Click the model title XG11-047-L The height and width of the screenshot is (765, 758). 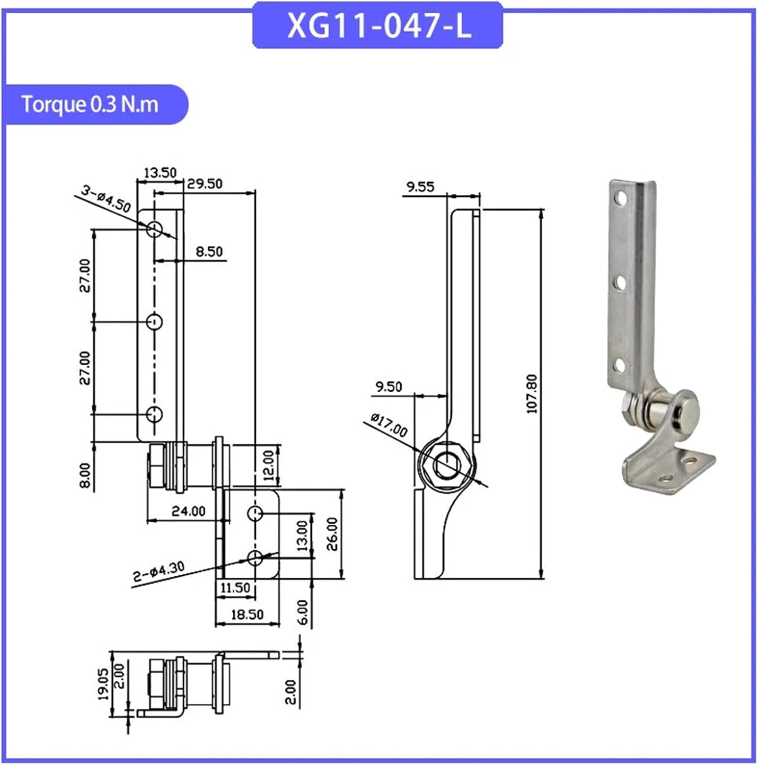pyautogui.click(x=378, y=25)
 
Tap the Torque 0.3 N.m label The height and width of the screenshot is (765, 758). pyautogui.click(x=90, y=105)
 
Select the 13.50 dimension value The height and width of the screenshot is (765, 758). pyautogui.click(x=160, y=173)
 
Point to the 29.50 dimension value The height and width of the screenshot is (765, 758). pyautogui.click(x=204, y=184)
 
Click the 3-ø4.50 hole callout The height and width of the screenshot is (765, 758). pyautogui.click(x=106, y=199)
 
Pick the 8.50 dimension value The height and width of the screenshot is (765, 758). pyautogui.click(x=209, y=251)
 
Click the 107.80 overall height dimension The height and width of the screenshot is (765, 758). pyautogui.click(x=531, y=394)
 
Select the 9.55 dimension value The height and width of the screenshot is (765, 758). pyautogui.click(x=420, y=187)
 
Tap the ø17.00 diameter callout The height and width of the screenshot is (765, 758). pyautogui.click(x=389, y=425)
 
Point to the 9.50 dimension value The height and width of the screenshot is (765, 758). pyautogui.click(x=388, y=387)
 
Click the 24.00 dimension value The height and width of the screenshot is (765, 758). pyautogui.click(x=188, y=511)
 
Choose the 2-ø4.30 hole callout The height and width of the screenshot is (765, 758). pyautogui.click(x=158, y=572)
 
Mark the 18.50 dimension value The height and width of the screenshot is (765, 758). pyautogui.click(x=247, y=615)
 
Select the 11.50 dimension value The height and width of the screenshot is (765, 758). pyautogui.click(x=235, y=588)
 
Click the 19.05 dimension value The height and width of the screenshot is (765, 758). pyautogui.click(x=103, y=684)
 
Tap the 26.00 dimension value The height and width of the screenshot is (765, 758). pyautogui.click(x=332, y=534)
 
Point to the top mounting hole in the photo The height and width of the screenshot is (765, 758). pyautogui.click(x=620, y=197)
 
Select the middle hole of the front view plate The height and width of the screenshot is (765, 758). pyautogui.click(x=154, y=322)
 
